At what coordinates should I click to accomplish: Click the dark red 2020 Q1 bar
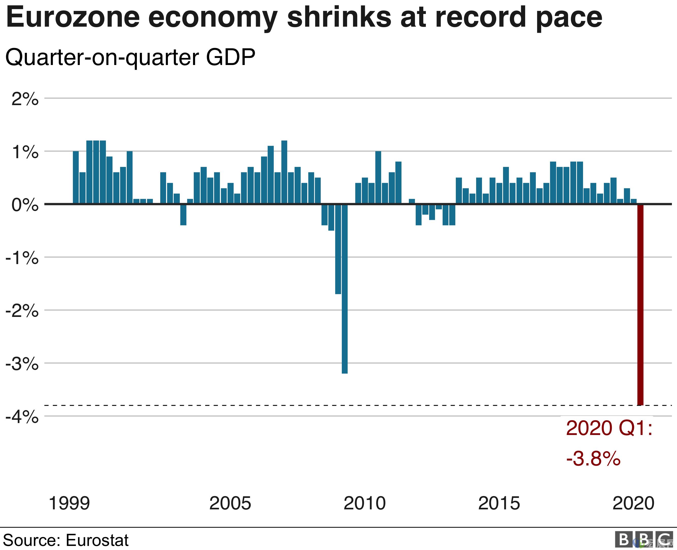coord(640,304)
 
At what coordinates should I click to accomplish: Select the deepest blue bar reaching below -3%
coord(345,288)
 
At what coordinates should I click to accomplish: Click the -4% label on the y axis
coord(22,417)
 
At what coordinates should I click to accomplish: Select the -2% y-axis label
coord(22,311)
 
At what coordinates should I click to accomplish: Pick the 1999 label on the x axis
coord(69,503)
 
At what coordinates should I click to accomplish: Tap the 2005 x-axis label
coord(230,503)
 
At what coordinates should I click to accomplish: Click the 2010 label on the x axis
coord(365,503)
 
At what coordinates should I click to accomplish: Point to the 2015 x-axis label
coord(499,503)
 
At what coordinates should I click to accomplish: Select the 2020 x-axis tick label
coord(634,503)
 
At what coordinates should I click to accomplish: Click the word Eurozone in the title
coord(73,18)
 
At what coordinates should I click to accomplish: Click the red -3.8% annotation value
coord(593,459)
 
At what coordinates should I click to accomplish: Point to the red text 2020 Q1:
coord(609,428)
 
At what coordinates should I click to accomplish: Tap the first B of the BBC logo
coord(624,540)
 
